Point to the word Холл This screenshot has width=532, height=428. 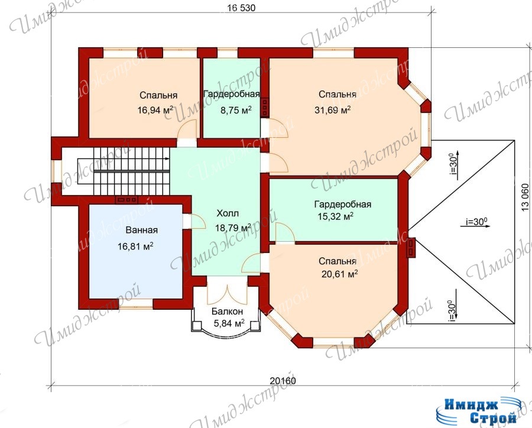click(x=228, y=213)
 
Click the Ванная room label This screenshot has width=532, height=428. click(x=141, y=230)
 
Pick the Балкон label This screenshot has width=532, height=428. click(x=228, y=311)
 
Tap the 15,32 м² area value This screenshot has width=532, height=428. click(x=336, y=216)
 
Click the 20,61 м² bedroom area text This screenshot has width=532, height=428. click(x=340, y=274)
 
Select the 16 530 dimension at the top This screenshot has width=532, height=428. click(x=241, y=8)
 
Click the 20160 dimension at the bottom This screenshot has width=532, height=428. click(x=283, y=381)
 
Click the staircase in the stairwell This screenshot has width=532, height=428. click(x=124, y=171)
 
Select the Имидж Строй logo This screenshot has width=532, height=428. click(x=475, y=411)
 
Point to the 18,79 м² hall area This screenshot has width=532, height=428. click(x=233, y=228)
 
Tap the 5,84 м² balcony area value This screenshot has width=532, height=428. click(x=229, y=323)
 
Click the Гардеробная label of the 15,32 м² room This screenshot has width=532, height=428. click(x=343, y=205)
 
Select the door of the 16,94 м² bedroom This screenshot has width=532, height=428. click(x=187, y=129)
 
